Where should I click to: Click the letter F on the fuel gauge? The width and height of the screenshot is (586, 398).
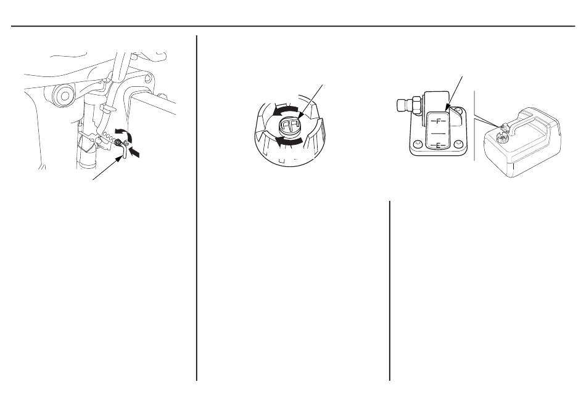439,121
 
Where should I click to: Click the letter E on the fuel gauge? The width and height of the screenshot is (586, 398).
439,145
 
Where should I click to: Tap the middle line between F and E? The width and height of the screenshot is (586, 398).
439,133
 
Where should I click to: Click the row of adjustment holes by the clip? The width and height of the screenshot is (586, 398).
111,137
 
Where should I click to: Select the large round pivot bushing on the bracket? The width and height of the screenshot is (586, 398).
65,95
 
